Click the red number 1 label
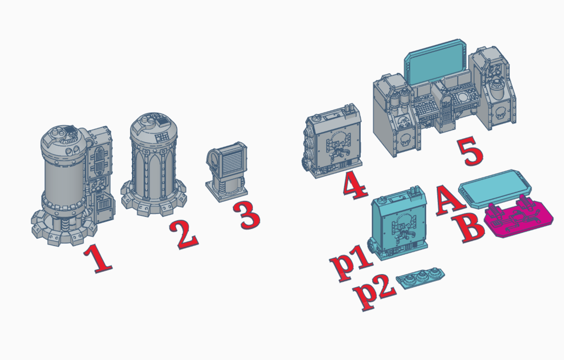pyautogui.click(x=98, y=258)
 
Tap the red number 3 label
pyautogui.click(x=246, y=215)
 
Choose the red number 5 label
pyautogui.click(x=470, y=151)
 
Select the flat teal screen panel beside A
pyautogui.click(x=495, y=189)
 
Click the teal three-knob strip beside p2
pyautogui.click(x=420, y=276)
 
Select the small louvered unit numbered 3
pyautogui.click(x=226, y=171)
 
